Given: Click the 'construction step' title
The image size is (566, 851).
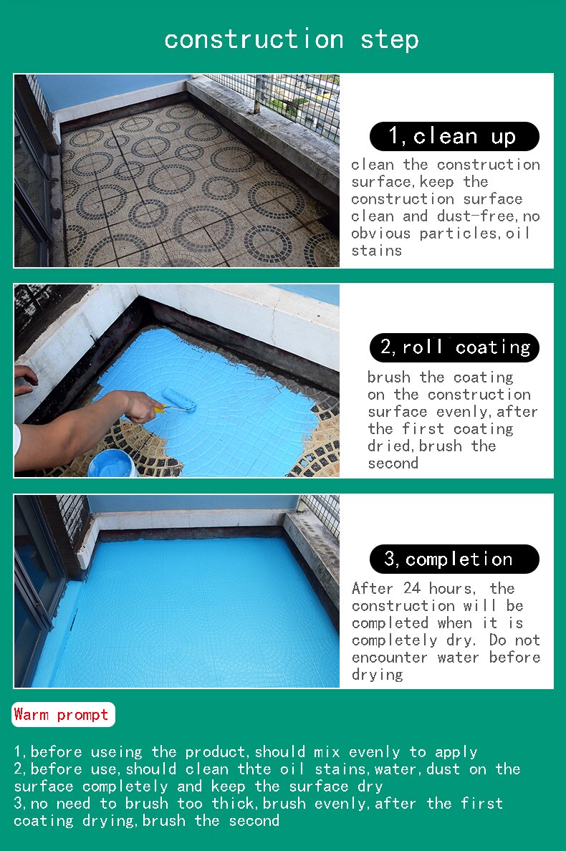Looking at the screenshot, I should click(291, 39).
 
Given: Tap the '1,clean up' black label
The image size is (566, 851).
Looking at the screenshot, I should click(454, 136).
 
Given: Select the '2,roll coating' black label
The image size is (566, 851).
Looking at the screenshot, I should click(454, 347).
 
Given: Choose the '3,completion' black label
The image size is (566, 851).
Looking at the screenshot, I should click(454, 559).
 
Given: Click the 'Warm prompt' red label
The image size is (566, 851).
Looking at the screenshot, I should click(62, 714).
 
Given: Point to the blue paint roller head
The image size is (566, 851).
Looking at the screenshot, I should click(179, 400).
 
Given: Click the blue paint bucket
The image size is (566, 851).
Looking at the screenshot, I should click(112, 463).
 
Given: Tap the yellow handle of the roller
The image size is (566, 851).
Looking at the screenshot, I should click(158, 409).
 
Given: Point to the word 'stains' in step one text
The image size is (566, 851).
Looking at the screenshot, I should click(376, 251).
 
